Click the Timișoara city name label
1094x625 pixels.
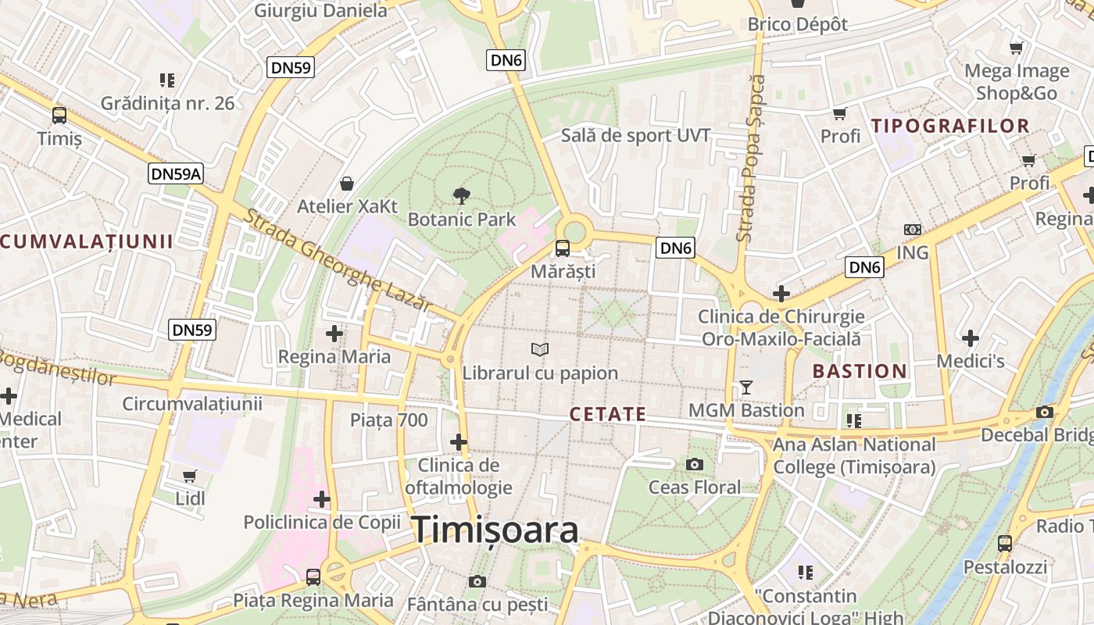(495, 530)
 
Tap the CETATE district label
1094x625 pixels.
(608, 414)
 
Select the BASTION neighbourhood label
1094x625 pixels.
(860, 371)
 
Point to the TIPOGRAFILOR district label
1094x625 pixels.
(950, 126)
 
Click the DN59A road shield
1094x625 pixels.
(176, 173)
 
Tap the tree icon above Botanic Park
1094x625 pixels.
(462, 195)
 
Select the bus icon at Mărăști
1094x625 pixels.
(562, 248)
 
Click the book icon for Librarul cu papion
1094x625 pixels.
(540, 349)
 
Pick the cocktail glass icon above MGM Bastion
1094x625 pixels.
(745, 387)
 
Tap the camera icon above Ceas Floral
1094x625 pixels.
(694, 464)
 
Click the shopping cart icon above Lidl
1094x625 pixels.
(189, 475)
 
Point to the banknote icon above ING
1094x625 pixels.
(912, 230)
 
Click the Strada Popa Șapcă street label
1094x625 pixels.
(751, 158)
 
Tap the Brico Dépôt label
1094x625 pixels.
(797, 24)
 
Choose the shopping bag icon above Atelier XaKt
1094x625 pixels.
(347, 184)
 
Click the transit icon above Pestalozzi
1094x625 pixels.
(1005, 543)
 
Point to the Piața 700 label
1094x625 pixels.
(388, 420)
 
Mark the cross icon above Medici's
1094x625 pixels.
(971, 338)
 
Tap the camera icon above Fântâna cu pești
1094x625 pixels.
(477, 581)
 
